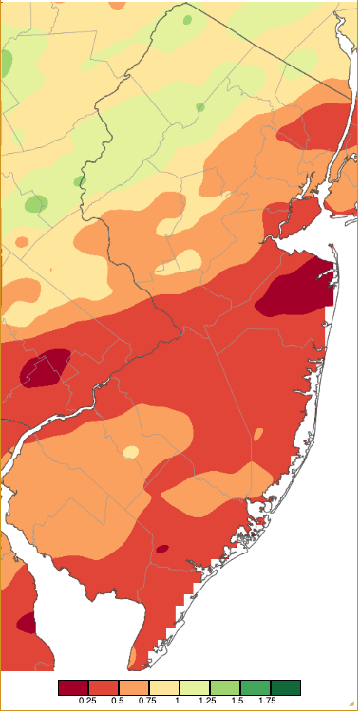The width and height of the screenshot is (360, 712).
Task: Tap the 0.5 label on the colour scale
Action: (119, 701)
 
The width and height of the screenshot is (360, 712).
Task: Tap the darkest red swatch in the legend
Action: (73, 687)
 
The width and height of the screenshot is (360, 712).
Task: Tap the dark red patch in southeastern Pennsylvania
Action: (46, 368)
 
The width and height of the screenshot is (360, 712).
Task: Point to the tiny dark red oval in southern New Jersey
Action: (161, 549)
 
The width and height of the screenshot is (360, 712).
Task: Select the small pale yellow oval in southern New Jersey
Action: (130, 452)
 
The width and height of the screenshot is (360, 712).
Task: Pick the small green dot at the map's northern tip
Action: (186, 19)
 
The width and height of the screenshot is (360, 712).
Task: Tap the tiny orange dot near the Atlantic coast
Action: (257, 435)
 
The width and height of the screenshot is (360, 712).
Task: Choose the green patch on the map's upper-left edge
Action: (6, 64)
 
